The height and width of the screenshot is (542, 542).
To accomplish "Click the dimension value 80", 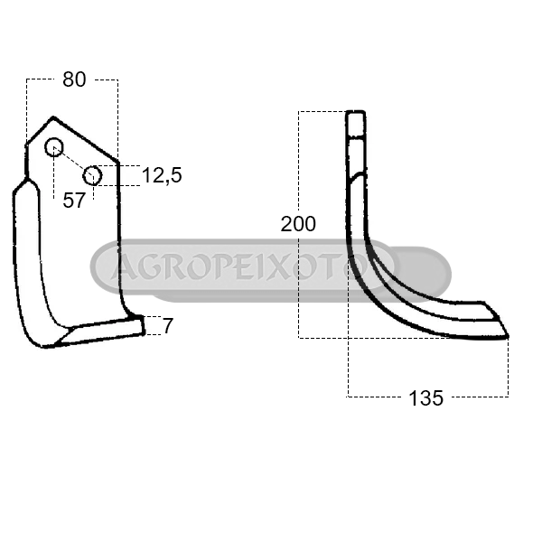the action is (74, 79).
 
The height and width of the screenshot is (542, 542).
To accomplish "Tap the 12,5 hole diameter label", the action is (162, 175).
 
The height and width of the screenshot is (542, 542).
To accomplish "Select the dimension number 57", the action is (74, 201).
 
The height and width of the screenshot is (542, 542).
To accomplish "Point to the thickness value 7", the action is (168, 326).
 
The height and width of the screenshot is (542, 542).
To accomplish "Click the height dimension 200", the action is (298, 224).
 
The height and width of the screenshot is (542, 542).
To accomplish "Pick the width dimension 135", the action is (425, 398).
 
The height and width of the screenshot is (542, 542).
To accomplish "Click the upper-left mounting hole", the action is (54, 147).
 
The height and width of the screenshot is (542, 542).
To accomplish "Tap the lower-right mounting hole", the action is (93, 175).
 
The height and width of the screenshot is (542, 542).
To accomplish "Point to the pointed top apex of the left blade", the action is (53, 117).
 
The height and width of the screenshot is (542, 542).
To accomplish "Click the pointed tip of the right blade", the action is (508, 336).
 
